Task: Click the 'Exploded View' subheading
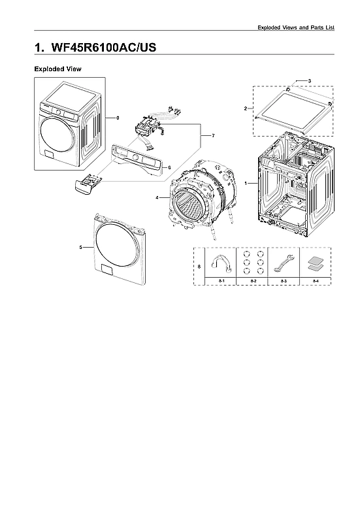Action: pos(57,69)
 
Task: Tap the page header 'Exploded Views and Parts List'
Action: pos(304,27)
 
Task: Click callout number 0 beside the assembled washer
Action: pos(117,118)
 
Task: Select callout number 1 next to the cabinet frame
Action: pos(246,184)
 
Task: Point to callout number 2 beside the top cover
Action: pos(245,108)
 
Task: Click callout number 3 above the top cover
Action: pos(309,80)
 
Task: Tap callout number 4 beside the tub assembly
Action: pos(157,197)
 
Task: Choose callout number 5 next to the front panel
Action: pos(80,248)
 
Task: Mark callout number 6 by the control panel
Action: pos(169,167)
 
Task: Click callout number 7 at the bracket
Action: pos(213,135)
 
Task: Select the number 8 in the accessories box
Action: pos(199,267)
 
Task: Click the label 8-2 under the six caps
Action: pos(253,280)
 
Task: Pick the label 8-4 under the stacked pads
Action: pos(316,280)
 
